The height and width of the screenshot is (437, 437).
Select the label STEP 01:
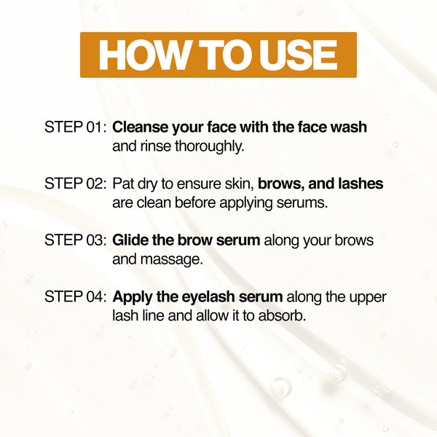pos(75,127)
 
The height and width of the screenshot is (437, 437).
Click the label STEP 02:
pos(75,184)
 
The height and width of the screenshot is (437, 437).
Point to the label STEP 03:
pos(75,240)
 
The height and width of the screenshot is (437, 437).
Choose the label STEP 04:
pos(75,296)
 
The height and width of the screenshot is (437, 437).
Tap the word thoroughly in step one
pos(210,146)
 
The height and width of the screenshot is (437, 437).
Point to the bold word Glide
pos(130,240)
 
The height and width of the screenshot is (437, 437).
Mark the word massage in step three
pos(172,260)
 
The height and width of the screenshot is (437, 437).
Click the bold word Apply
pos(133,297)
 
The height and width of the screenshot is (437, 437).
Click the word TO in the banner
pos(224,55)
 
